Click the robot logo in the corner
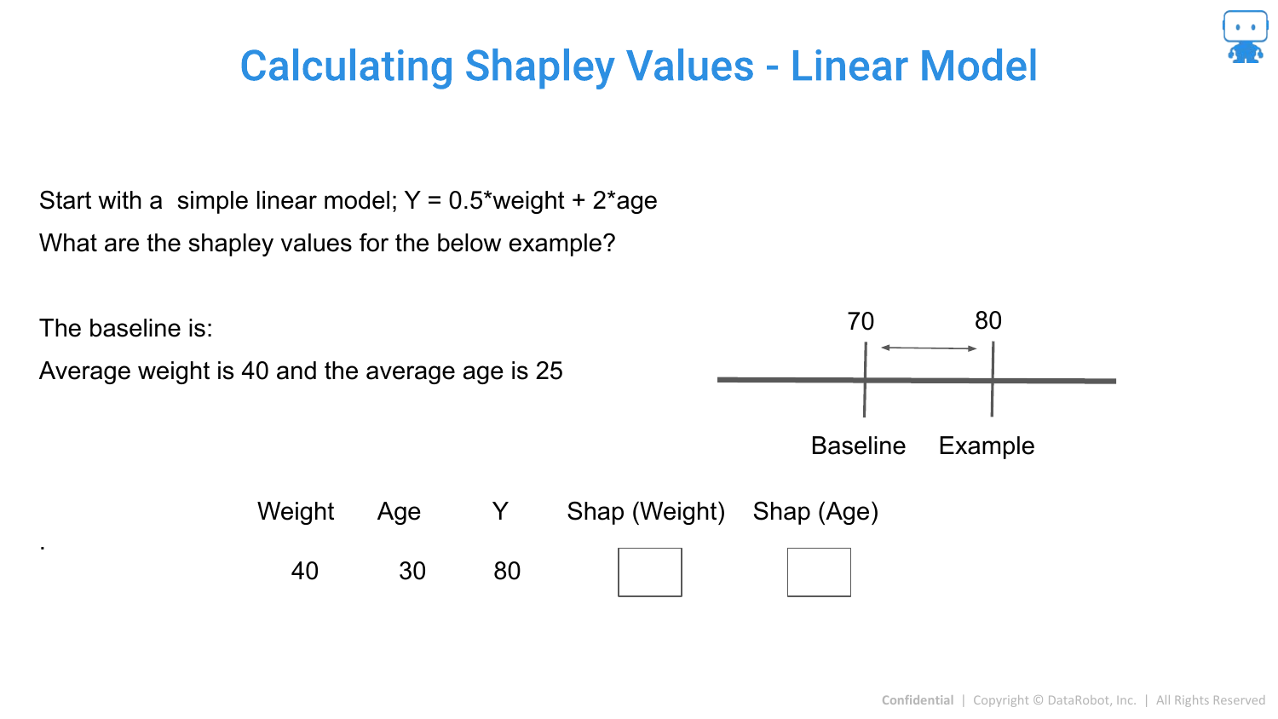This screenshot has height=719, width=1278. coord(1245,37)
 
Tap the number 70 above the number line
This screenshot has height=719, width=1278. coord(861,321)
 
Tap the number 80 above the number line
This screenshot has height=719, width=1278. coord(988,320)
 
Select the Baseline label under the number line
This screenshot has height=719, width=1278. coord(858,446)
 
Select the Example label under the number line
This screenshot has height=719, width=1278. coord(987,446)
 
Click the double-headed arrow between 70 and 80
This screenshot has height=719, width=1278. coord(929,348)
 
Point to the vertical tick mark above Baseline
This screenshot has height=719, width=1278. coord(865,379)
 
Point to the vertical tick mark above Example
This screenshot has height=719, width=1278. coord(993,379)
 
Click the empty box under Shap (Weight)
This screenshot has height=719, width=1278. coord(650,549)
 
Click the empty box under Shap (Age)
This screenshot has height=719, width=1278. coord(819,549)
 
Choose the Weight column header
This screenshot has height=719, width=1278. coord(296,512)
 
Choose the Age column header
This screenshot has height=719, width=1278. coord(399,512)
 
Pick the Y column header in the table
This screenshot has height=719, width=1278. coord(500,511)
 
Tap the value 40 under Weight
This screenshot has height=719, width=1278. coord(305,572)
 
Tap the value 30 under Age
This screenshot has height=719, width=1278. coord(412,572)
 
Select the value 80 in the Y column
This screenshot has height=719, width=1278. coord(507,572)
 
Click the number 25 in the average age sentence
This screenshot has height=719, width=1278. coord(549,371)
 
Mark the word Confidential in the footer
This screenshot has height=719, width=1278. coord(918,700)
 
